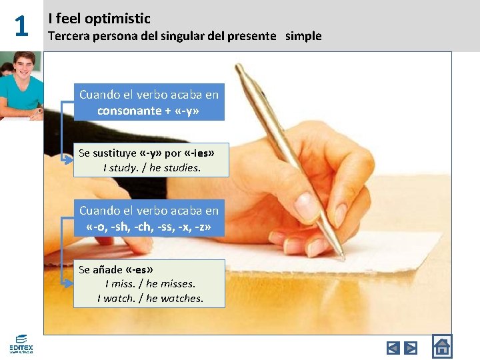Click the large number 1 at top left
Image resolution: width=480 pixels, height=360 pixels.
coord(21,27)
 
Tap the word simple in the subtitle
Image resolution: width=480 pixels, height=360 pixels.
coord(303,36)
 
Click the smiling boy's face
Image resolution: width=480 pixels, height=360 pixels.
coord(25,67)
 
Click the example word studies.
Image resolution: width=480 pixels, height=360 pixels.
coord(181,168)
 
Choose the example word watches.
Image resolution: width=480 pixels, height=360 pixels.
coord(183,299)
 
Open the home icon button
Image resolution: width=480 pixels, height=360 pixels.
coord(441,347)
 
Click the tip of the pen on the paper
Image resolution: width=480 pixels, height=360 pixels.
coord(343,257)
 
